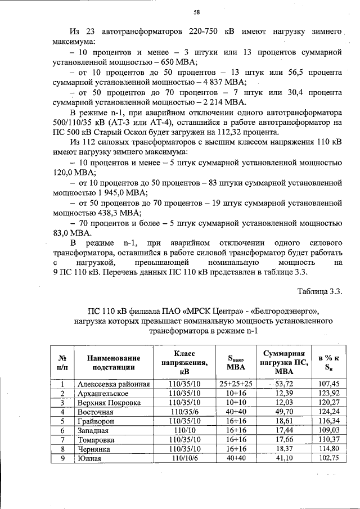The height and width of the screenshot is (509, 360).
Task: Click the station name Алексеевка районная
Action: tap(114, 384)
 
